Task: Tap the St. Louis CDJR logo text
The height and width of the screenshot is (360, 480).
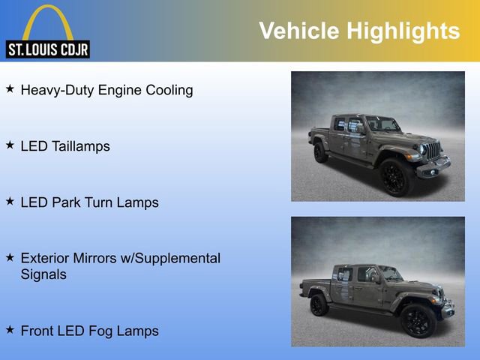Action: (x=48, y=50)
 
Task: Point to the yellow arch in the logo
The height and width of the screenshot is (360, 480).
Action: (x=48, y=19)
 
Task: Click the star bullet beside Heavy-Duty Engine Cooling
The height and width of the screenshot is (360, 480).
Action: (x=10, y=88)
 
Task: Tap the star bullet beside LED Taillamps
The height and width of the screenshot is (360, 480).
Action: (x=10, y=145)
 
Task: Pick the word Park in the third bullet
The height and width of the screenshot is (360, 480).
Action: (x=68, y=202)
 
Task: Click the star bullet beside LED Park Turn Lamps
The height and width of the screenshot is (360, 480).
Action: (x=10, y=201)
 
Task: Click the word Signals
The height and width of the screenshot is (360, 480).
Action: (x=43, y=274)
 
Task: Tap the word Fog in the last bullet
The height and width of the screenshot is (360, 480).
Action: (x=103, y=331)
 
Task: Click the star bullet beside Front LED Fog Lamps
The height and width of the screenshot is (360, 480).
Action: (x=10, y=329)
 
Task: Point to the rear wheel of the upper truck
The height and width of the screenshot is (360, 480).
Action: (x=321, y=152)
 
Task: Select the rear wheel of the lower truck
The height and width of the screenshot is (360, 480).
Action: (x=319, y=304)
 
